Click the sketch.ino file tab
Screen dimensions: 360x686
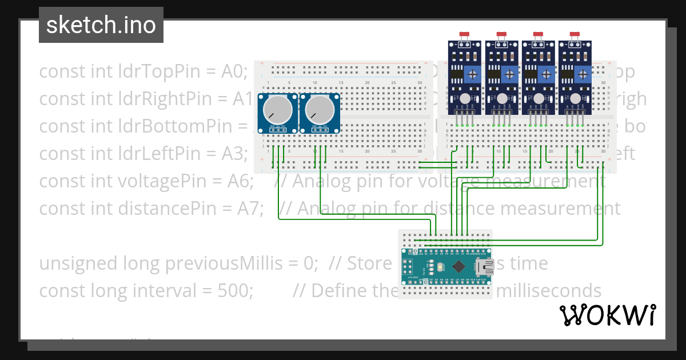[x=101, y=25]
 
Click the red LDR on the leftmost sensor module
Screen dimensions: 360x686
[x=465, y=35]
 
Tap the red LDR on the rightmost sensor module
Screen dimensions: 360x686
[x=575, y=35]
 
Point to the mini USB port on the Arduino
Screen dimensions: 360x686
[x=488, y=266]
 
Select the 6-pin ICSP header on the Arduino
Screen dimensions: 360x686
[x=408, y=267]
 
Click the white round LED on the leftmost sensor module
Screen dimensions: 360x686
[x=465, y=98]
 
